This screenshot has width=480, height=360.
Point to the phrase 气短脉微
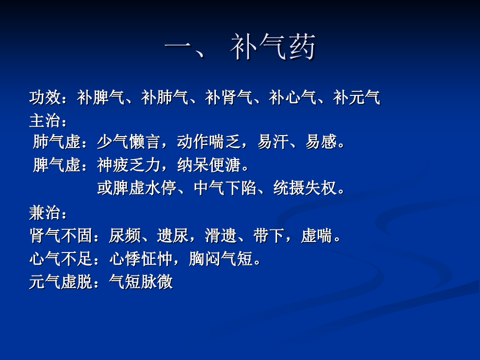140,282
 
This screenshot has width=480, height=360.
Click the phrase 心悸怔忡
140,259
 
